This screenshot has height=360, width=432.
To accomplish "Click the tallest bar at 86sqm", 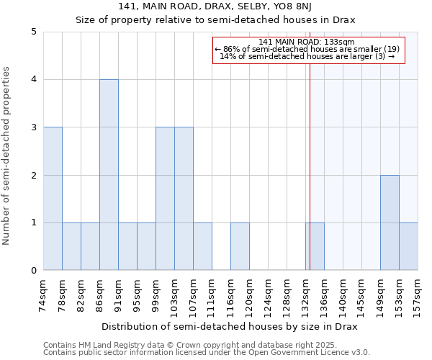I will tap(109, 175).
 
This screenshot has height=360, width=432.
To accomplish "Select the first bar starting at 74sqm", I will tap(53, 199).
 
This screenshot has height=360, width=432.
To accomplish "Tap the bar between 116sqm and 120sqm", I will tap(240, 246).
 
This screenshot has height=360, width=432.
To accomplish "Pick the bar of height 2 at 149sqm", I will tap(390, 222).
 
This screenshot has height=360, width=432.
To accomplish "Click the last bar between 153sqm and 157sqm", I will tap(408, 246).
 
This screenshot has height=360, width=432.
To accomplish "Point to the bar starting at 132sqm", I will tap(315, 246).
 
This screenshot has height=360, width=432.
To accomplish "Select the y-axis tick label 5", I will tap(33, 32).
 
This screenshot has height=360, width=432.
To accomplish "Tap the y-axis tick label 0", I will tap(33, 271).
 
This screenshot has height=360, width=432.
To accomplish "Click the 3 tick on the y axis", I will tap(33, 127).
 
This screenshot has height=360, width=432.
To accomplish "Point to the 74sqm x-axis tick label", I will tap(43, 291).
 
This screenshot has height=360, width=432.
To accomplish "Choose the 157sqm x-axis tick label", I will tap(418, 291).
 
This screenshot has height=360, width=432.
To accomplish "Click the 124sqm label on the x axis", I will tap(268, 291).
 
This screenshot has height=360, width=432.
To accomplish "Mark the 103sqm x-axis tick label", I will tap(174, 291).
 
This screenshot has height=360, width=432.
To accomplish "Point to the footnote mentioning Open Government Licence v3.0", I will tap(207, 353).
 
